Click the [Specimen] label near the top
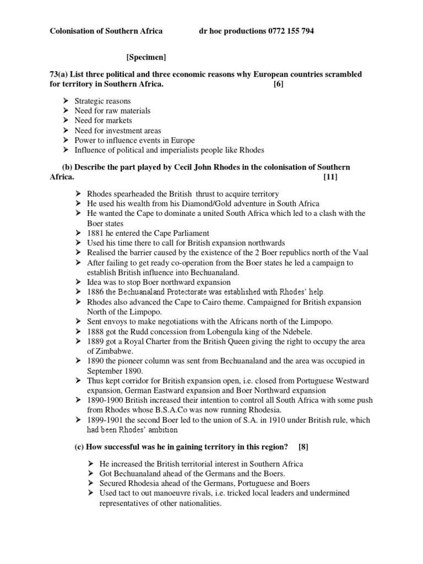[x=146, y=57]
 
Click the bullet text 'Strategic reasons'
[x=103, y=101]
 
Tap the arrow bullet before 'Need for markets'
[x=65, y=121]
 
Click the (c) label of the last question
[x=79, y=446]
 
